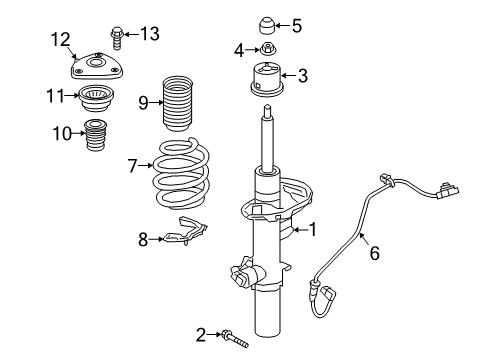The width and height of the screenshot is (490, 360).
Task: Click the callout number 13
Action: coord(149,34)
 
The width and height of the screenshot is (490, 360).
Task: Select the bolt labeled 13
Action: coord(118,35)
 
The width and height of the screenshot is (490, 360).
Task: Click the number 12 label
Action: coord(61,39)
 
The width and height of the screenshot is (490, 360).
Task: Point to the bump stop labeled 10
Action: coord(96,134)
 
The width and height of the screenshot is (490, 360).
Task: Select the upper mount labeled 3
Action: coord(268,78)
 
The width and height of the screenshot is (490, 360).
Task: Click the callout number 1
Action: coord(312,230)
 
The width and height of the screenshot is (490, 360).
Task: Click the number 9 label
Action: coord(143,100)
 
